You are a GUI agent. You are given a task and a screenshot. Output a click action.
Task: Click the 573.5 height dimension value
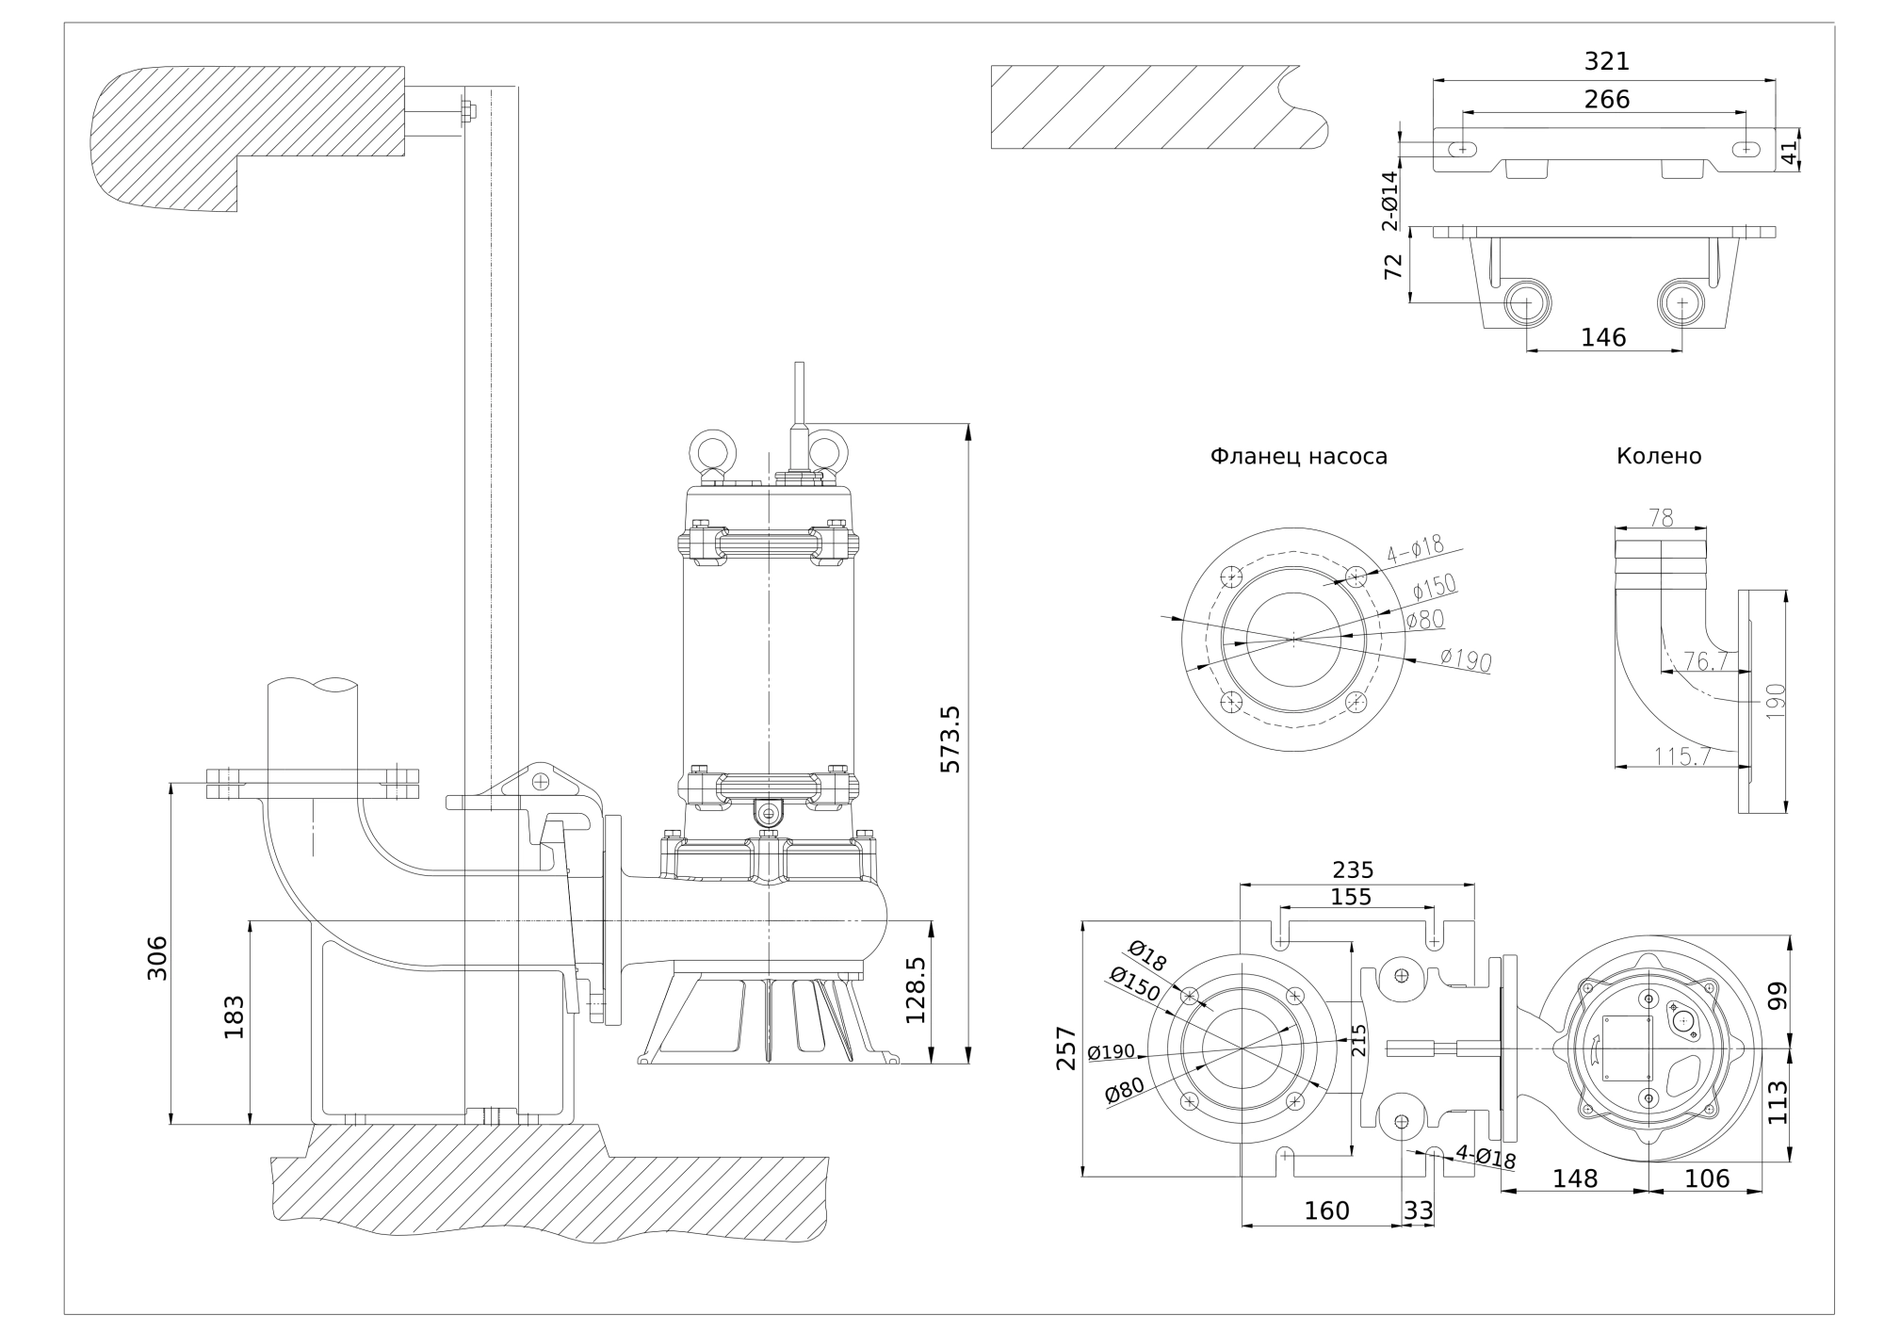coord(951,739)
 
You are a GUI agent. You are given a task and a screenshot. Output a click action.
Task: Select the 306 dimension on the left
coord(157,957)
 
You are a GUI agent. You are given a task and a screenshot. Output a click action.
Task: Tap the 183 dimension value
coord(234,1017)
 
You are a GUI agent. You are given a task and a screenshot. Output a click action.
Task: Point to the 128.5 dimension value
coord(916,990)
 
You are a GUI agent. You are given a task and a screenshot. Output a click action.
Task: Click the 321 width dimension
coord(1606,61)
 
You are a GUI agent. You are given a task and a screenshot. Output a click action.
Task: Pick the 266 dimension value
coord(1606,99)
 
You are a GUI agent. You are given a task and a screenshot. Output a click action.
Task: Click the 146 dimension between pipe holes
coord(1603,337)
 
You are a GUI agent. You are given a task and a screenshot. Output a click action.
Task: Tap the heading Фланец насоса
coord(1298,457)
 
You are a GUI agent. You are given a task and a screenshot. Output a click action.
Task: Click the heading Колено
coord(1659,457)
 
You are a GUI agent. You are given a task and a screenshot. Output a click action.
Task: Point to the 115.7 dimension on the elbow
coord(1682,755)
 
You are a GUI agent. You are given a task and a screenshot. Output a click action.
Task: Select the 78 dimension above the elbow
coord(1661,517)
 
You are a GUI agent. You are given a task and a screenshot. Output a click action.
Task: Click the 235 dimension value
coord(1353,869)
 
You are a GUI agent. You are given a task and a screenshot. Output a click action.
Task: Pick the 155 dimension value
coord(1351,897)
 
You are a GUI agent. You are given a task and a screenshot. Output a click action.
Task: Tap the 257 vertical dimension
coord(1066,1048)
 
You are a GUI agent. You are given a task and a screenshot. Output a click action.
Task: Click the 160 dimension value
coord(1326,1210)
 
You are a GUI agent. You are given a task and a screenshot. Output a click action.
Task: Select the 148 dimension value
coord(1575,1178)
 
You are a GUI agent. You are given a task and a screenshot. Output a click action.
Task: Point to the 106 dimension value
coord(1707,1178)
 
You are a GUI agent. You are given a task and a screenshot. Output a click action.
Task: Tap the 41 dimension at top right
coord(1791,150)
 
